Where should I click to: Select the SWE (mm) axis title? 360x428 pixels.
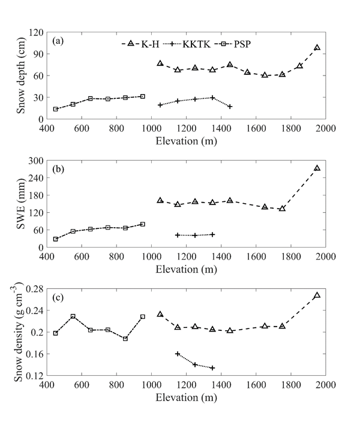pyautogui.click(x=22, y=204)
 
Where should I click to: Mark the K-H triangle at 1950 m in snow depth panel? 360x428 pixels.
pyautogui.click(x=317, y=47)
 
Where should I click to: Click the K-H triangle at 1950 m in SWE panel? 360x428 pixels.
pyautogui.click(x=317, y=168)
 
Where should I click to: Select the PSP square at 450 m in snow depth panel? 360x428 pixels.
pyautogui.click(x=55, y=109)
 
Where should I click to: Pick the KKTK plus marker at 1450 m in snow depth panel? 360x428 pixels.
pyautogui.click(x=230, y=107)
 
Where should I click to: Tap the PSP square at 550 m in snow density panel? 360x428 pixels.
pyautogui.click(x=73, y=316)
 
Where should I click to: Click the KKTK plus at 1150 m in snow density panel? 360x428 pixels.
pyautogui.click(x=178, y=354)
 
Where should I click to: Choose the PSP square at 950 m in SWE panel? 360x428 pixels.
pyautogui.click(x=143, y=224)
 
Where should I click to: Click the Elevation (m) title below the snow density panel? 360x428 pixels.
pyautogui.click(x=186, y=398)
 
